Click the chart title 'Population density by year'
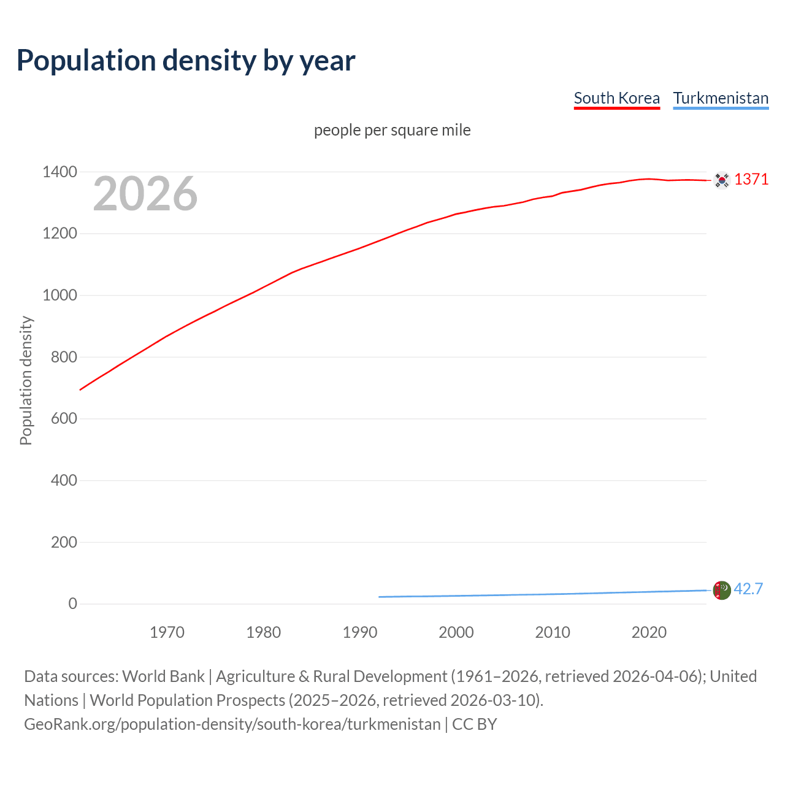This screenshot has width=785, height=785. tap(186, 60)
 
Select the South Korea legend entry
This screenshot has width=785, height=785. tap(616, 98)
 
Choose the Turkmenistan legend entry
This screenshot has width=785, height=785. tap(721, 98)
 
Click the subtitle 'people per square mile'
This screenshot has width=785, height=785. tap(392, 130)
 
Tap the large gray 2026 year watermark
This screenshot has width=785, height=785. tap(145, 194)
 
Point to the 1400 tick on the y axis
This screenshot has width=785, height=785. tap(59, 172)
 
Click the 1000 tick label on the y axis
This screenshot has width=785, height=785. tap(59, 295)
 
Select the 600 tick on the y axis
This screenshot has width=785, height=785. tap(64, 418)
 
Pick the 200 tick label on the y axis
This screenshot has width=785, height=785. tap(64, 542)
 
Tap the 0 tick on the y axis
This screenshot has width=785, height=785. tap(73, 603)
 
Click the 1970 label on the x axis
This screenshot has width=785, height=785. tap(167, 632)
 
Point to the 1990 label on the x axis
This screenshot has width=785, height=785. tap(360, 632)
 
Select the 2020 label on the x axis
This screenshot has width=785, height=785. tap(649, 632)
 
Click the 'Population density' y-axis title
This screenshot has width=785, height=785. tap(26, 380)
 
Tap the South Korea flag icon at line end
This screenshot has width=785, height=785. tap(722, 180)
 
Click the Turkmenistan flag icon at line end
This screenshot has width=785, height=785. tap(722, 590)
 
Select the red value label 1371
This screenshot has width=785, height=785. tap(751, 179)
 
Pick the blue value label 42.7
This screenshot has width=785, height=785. tap(748, 589)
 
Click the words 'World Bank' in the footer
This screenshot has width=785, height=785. tap(163, 676)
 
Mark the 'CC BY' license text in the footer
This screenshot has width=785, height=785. tap(474, 724)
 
